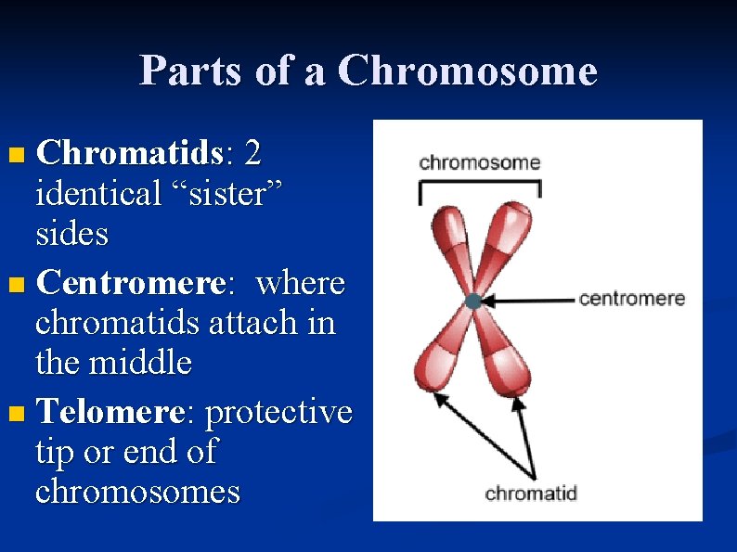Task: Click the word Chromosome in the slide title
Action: coord(468,71)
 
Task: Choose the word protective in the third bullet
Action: coord(278,411)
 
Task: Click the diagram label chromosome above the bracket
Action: coord(479,162)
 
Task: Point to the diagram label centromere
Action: coord(631,299)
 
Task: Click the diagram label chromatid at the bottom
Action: coord(531,493)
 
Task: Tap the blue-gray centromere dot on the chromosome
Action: coord(473,301)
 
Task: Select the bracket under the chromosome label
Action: coord(479,186)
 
